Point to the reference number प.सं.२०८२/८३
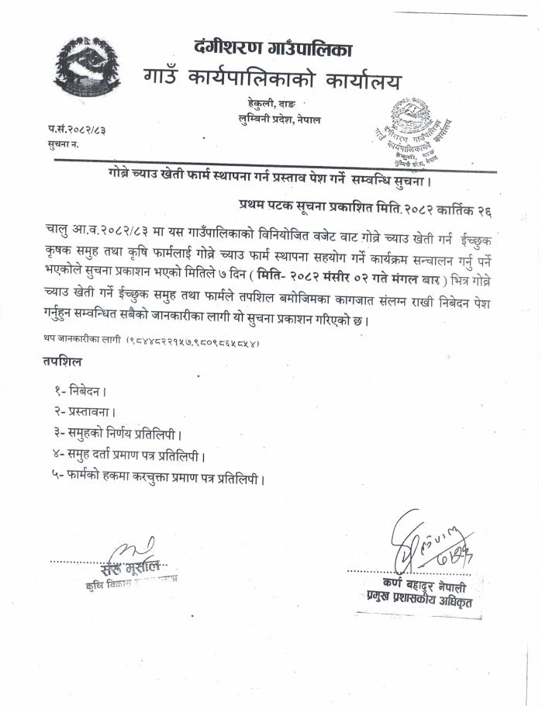point(76,129)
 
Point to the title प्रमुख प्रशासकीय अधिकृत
point(419,597)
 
